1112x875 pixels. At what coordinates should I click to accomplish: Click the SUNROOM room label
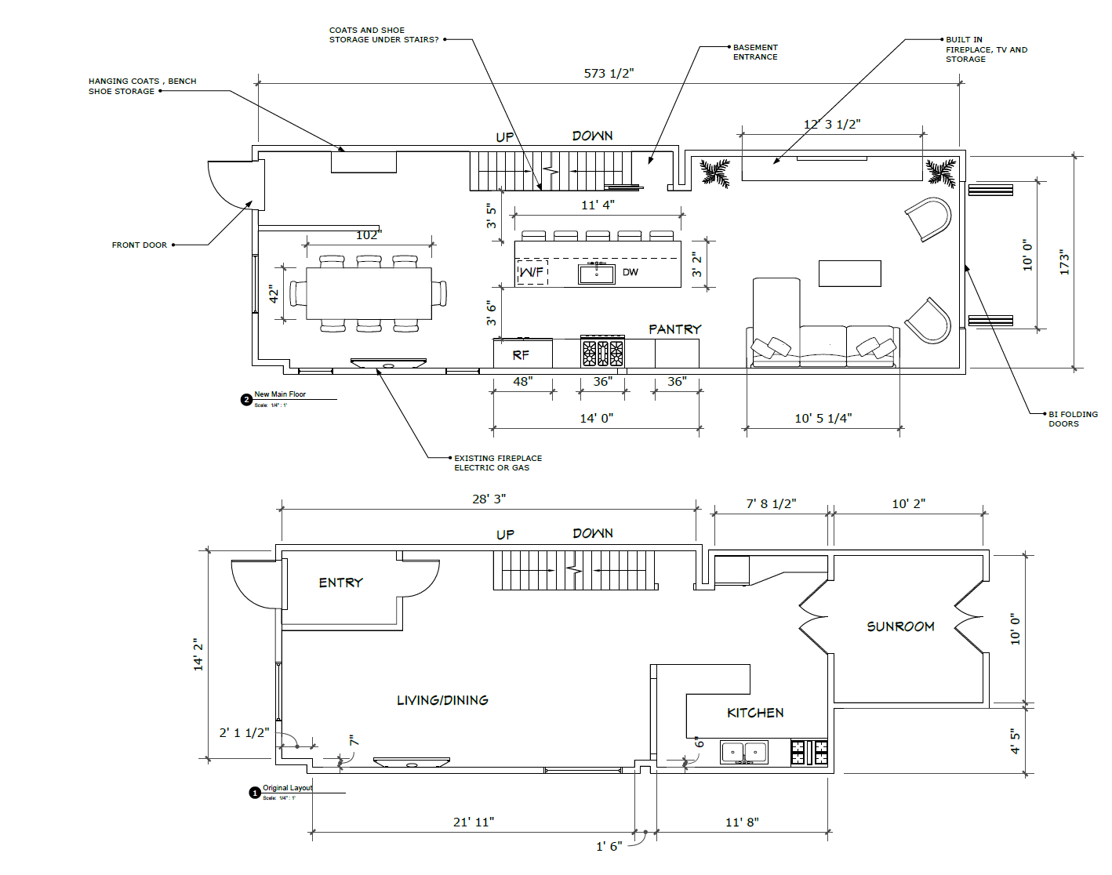900,626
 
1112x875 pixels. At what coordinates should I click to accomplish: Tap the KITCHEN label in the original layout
754,713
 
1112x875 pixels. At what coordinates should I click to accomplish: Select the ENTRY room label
340,583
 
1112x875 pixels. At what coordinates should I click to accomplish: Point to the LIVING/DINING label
442,700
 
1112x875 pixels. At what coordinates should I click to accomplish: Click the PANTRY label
674,329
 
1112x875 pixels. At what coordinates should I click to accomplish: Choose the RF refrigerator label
521,355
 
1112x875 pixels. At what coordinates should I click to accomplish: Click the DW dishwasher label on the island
630,273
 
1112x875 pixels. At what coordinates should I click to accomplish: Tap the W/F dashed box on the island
532,272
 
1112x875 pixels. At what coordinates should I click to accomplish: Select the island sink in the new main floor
596,273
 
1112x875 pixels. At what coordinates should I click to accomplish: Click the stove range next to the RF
602,353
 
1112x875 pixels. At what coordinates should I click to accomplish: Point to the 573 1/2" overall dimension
609,73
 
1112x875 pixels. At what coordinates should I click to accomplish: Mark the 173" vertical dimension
1064,262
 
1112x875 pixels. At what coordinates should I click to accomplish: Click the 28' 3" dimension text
489,499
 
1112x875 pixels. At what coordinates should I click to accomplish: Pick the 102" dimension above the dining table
369,235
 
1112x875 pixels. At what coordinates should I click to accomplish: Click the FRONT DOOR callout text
139,245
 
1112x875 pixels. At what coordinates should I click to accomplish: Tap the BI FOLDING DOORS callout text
1072,419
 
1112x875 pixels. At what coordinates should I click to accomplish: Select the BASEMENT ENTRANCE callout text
755,52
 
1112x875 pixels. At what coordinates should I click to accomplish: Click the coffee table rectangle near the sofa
849,274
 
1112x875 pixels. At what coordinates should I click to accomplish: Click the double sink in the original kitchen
743,752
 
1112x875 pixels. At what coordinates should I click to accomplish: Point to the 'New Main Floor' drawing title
280,394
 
